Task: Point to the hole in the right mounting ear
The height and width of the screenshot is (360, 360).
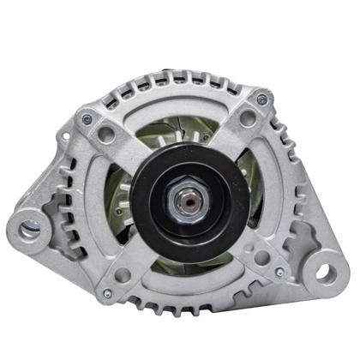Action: click(x=326, y=273)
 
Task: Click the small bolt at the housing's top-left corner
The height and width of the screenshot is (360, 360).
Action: click(x=87, y=117)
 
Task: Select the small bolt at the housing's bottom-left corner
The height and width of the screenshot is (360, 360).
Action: click(x=107, y=294)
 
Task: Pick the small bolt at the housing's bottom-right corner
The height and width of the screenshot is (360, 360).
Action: click(x=279, y=273)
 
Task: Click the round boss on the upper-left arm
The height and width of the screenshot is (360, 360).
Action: click(x=106, y=135)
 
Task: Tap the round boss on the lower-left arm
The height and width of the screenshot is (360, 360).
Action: click(x=123, y=275)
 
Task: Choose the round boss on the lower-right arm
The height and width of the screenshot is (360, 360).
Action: click(x=262, y=256)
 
